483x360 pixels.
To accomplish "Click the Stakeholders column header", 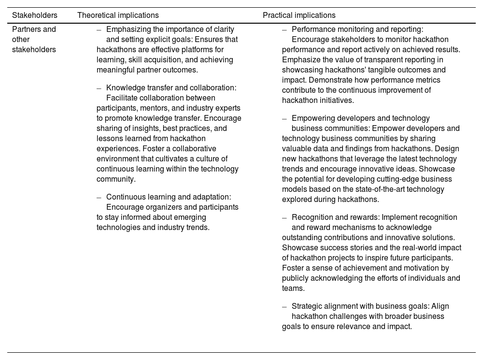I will coord(34,15).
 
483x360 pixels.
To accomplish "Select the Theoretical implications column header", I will coord(118,15).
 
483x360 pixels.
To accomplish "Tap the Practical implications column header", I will coord(299,15).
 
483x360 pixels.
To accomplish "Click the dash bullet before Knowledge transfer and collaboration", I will coord(99,88).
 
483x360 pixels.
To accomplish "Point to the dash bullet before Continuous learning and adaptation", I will coord(99,197).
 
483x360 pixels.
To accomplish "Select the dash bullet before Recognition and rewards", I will coord(284,217).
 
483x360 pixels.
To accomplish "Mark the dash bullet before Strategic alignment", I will coord(284,306).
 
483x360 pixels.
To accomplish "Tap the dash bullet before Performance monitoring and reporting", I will coord(284,29).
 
